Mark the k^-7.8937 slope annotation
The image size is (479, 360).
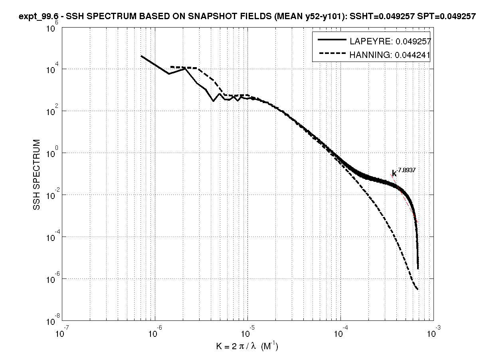(404, 173)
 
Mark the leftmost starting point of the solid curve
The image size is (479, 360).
(141, 56)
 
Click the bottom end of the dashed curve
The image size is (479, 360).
(418, 290)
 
